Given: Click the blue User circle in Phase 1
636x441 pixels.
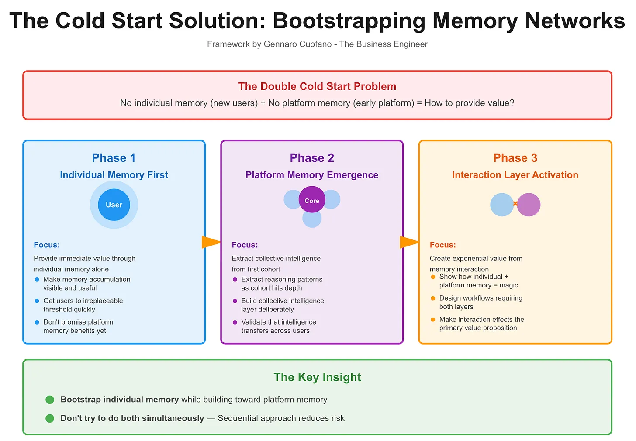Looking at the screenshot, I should (x=114, y=205).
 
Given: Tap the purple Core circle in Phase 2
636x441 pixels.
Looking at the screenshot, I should (x=312, y=200).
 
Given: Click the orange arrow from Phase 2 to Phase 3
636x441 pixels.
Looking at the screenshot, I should (x=409, y=242).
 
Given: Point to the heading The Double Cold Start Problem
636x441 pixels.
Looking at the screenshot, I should (x=317, y=86).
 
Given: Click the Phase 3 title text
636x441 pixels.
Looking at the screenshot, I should (x=515, y=158).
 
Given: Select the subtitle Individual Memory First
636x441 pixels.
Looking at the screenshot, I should (x=114, y=175).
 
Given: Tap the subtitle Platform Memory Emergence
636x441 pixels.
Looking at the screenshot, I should (x=312, y=175).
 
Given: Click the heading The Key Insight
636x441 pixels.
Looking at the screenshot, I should (x=317, y=377).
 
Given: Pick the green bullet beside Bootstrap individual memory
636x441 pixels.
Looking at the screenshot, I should (x=50, y=400).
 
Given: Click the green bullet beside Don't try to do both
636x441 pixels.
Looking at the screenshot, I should (x=50, y=418).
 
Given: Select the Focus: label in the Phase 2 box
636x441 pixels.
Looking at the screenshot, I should (x=245, y=245).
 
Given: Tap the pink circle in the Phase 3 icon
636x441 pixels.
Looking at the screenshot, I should (x=529, y=205).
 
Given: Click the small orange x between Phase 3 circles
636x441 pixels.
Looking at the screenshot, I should (x=515, y=204).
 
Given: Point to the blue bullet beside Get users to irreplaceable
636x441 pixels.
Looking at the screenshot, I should (x=37, y=301).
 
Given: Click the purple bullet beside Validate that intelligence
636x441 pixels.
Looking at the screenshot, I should (x=235, y=322).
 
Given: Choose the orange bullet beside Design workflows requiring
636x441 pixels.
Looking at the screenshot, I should (x=433, y=298).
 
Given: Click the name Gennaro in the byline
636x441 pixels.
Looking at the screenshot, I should (x=280, y=44).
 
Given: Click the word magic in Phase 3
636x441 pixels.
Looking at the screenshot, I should (x=508, y=285).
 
